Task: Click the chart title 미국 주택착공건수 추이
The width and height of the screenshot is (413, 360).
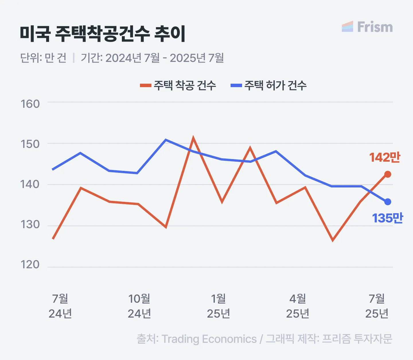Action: pos(102,34)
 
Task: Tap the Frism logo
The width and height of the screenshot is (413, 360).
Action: pos(367,27)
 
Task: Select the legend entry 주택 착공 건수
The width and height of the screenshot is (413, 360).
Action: pos(178,85)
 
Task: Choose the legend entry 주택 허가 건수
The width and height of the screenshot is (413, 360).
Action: pos(269,85)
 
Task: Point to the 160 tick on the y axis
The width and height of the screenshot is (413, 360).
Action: pos(30,104)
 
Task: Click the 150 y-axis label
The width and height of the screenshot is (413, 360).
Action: pos(30,144)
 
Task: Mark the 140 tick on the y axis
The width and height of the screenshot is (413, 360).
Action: pos(30,184)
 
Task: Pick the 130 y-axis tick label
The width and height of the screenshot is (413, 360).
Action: pos(30,224)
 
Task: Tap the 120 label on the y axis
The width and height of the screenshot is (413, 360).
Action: pos(30,264)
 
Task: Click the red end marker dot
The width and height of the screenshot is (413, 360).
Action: pos(387,174)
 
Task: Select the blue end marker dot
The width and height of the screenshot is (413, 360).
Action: pos(387,202)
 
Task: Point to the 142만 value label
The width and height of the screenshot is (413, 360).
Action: pos(384,158)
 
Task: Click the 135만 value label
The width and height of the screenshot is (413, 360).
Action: pos(387,218)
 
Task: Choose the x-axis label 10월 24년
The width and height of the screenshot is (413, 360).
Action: pos(139,306)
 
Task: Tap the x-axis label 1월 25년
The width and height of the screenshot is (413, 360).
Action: pos(218,306)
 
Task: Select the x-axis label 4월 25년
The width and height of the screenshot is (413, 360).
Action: pos(297,306)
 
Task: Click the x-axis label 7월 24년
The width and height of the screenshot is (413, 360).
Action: pos(60,306)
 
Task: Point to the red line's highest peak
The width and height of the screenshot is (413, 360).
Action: pos(193,138)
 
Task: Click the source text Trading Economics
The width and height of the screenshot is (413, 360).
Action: pos(209,339)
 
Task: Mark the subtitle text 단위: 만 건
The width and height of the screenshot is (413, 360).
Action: pos(43,58)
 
